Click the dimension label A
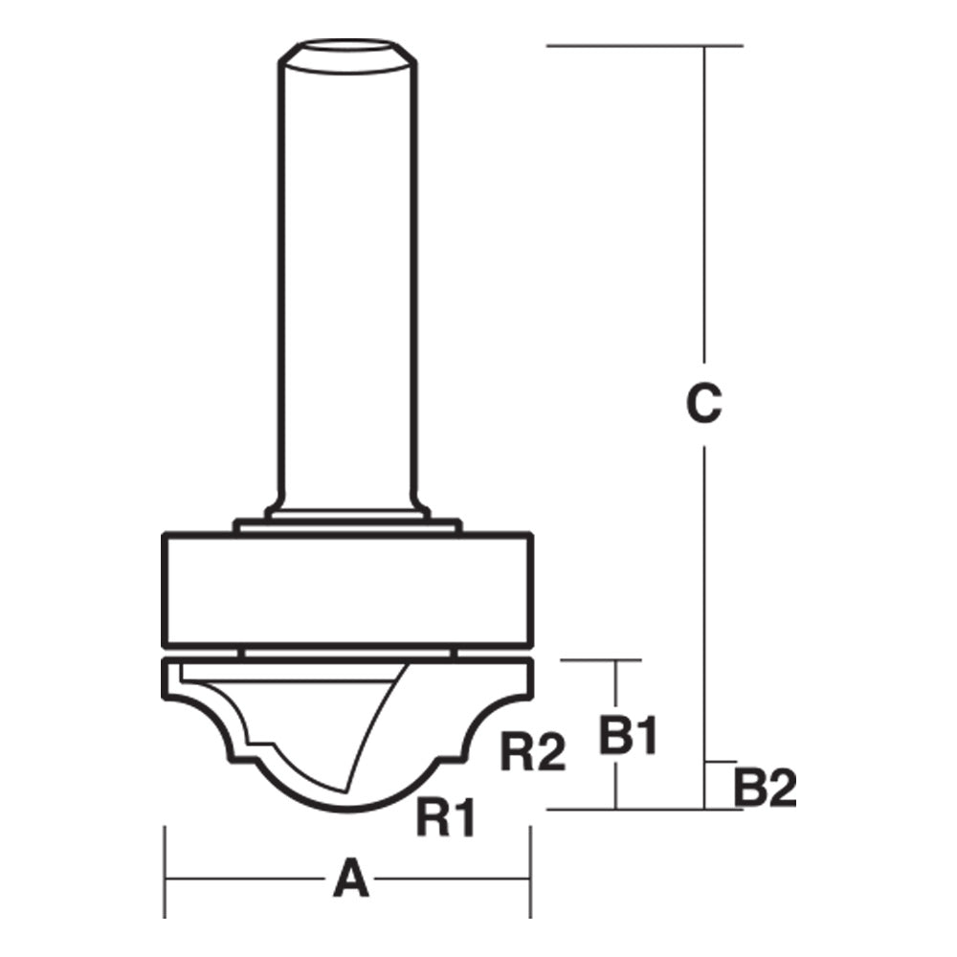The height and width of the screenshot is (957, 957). point(351,879)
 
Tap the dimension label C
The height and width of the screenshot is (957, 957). point(703,404)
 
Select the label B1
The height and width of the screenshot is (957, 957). point(629,736)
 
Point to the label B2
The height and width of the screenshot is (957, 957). point(766,789)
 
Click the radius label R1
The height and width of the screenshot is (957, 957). point(447,818)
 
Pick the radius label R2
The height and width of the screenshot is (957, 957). point(534,753)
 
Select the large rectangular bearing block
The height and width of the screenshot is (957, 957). point(346,588)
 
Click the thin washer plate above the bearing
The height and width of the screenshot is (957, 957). point(346,524)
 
